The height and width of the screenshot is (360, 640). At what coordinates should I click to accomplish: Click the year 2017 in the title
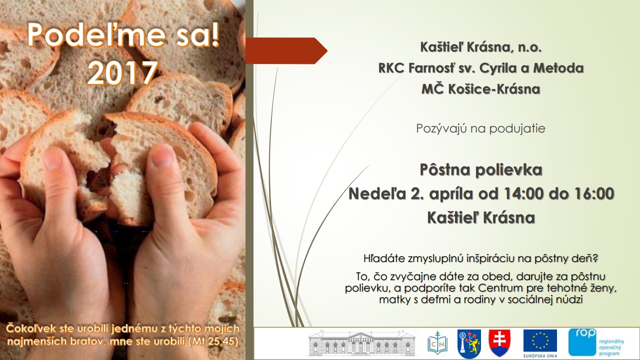[123, 73]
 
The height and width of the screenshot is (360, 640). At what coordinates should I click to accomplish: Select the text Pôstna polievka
[481, 169]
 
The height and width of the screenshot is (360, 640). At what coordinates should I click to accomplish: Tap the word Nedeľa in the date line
[377, 193]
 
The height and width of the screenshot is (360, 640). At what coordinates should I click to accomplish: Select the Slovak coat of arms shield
[499, 342]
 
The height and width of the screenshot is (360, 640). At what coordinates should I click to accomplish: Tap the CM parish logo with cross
[437, 343]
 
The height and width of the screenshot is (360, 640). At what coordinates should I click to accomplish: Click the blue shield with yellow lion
[469, 343]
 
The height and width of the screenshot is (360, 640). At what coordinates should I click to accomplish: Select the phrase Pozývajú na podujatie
[480, 128]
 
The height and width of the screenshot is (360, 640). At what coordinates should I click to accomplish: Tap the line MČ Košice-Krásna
[481, 89]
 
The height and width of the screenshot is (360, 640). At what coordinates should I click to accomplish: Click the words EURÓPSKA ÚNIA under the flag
[540, 356]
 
